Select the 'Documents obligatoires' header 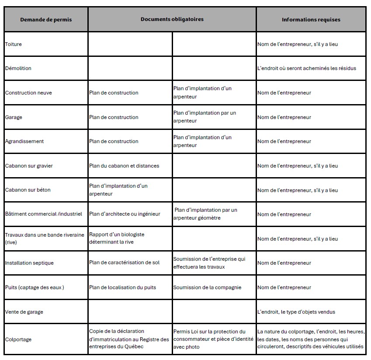(x=172, y=19)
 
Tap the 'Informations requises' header (x=311, y=20)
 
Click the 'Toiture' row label (x=14, y=44)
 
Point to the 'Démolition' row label (x=18, y=68)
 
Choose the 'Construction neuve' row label (x=28, y=93)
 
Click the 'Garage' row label (x=14, y=117)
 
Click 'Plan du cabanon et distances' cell (x=124, y=166)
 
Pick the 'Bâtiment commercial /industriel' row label (x=44, y=214)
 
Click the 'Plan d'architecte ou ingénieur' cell (x=125, y=214)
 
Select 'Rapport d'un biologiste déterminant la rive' (x=117, y=238)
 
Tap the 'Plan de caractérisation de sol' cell (x=124, y=263)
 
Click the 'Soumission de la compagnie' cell (x=207, y=287)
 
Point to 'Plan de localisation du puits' (x=122, y=287)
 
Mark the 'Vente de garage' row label (x=24, y=312)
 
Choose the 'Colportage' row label (x=18, y=339)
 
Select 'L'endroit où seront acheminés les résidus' (x=306, y=68)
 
